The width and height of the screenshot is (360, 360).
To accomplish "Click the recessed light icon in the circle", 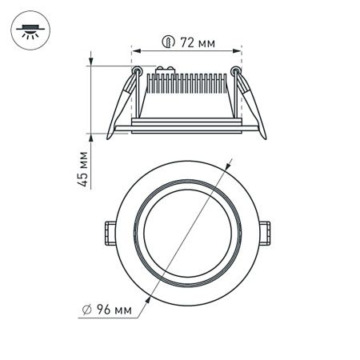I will pos(30,30).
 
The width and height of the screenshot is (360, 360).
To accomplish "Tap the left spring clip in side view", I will pos(120,104).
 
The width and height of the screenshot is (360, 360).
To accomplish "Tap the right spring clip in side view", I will pos(250,104).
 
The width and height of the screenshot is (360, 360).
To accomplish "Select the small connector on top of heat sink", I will pos(169,73).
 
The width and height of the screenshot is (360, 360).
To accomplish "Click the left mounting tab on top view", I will pos(106,232).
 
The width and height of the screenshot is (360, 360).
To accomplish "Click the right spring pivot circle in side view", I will pos(235,71).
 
